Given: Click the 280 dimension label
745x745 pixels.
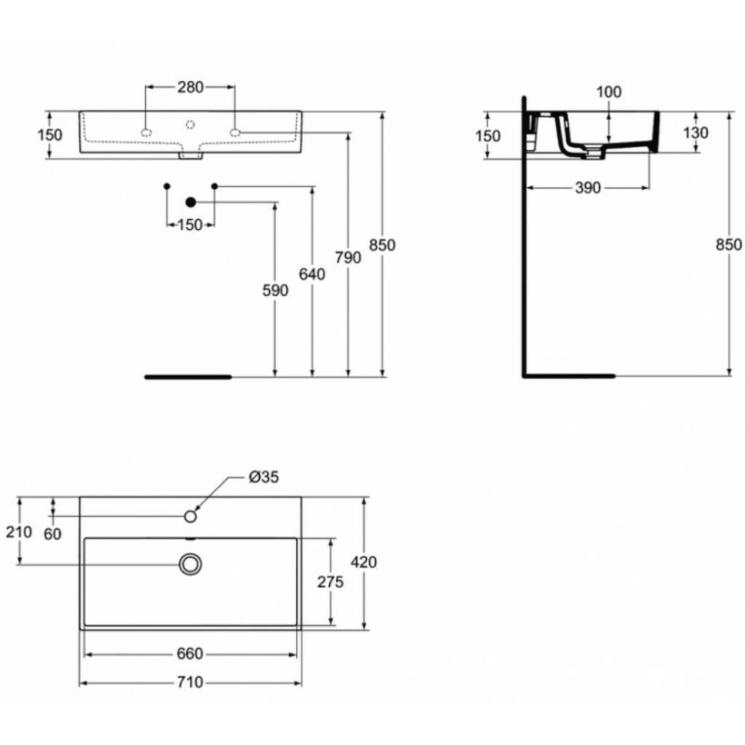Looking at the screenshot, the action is pyautogui.click(x=191, y=87).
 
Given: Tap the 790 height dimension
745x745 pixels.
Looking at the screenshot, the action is pyautogui.click(x=348, y=258).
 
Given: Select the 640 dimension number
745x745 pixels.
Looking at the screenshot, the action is pyautogui.click(x=312, y=274).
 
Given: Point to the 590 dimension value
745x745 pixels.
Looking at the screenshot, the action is pyautogui.click(x=276, y=290).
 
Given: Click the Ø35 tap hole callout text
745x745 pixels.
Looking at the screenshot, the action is pyautogui.click(x=264, y=477).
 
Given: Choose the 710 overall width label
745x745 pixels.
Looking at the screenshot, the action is pyautogui.click(x=190, y=682).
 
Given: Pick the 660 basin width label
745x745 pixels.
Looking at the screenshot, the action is pyautogui.click(x=190, y=654).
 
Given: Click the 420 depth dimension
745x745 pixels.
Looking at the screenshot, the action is pyautogui.click(x=364, y=562).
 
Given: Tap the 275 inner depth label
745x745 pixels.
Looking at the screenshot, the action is pyautogui.click(x=331, y=581).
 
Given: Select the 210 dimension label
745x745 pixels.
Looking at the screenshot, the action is pyautogui.click(x=19, y=532).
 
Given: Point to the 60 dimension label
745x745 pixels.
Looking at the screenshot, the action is pyautogui.click(x=52, y=534).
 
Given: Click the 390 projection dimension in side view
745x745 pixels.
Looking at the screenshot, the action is pyautogui.click(x=588, y=188).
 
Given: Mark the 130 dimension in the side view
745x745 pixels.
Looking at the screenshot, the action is pyautogui.click(x=696, y=132).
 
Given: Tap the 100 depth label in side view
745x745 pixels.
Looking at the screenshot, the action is pyautogui.click(x=609, y=92).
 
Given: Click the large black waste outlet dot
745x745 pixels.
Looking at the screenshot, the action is pyautogui.click(x=191, y=202).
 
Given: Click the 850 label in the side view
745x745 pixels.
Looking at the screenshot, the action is pyautogui.click(x=729, y=244).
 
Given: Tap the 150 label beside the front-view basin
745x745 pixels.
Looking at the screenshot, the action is pyautogui.click(x=50, y=135).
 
